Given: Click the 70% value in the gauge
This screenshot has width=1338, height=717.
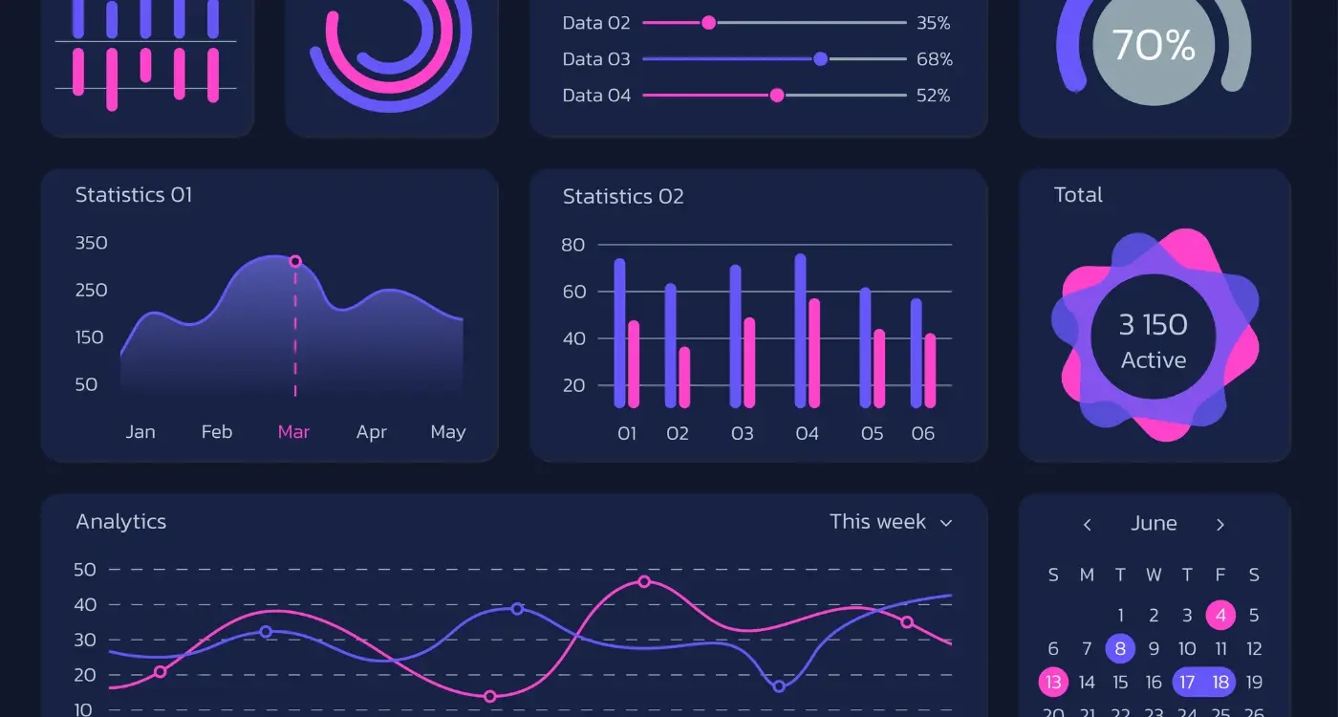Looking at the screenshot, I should click(1154, 45).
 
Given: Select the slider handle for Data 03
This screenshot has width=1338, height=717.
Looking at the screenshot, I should click(820, 59).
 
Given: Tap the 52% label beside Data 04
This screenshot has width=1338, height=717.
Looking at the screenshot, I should click(933, 96).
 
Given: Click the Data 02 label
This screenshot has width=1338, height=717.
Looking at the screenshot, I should click(596, 23).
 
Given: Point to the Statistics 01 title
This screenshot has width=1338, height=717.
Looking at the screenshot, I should click(134, 195).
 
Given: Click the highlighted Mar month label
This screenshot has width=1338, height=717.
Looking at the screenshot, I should click(293, 432).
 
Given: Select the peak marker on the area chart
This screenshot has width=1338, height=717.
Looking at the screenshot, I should click(295, 261).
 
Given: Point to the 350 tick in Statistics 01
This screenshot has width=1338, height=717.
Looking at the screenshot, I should click(92, 243).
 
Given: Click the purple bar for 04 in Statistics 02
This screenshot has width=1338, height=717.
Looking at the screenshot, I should click(800, 331).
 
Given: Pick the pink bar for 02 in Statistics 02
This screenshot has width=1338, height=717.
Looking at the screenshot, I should click(684, 377).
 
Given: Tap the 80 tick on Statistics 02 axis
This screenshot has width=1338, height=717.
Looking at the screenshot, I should click(573, 245).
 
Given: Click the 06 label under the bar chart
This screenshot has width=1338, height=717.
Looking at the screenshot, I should click(922, 434).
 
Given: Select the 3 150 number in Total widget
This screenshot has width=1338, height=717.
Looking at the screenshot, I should click(1154, 325).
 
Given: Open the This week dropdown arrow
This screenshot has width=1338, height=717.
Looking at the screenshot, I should click(946, 523).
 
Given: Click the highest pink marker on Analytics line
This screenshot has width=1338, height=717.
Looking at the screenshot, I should click(644, 581).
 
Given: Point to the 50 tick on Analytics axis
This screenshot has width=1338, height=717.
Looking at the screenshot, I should click(85, 570).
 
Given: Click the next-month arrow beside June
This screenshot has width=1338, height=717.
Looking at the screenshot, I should click(1220, 525).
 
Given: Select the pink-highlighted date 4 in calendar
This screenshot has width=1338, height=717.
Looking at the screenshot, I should click(1220, 615).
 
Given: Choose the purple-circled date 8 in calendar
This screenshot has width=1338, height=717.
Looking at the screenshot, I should click(1120, 649).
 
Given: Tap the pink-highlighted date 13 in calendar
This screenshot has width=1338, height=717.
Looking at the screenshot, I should click(1053, 683).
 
